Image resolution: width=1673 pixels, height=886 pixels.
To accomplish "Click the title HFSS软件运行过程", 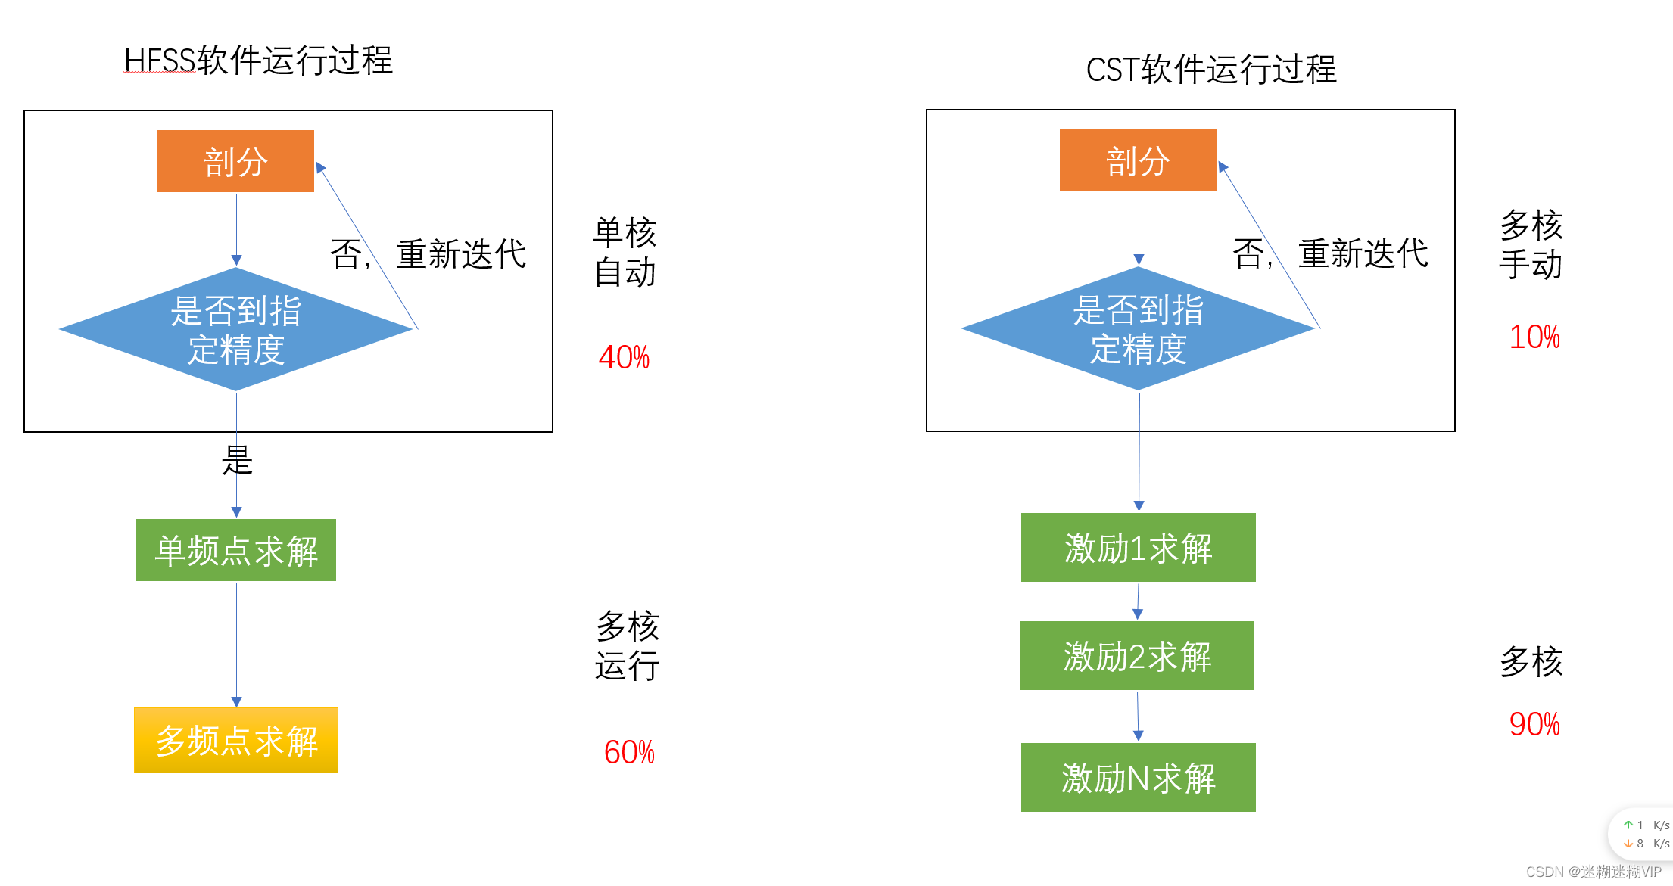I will click(258, 61).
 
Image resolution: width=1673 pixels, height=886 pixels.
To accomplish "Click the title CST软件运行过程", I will click(1211, 70).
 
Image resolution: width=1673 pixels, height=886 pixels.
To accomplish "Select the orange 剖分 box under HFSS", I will click(235, 161).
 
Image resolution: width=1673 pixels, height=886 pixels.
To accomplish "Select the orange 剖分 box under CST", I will click(1138, 160).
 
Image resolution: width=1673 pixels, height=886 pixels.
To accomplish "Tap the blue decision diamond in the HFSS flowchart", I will click(235, 330).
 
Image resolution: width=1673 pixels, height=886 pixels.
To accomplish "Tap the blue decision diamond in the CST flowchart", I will click(1138, 329).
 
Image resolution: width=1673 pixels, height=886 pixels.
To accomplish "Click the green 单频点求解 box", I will click(235, 550).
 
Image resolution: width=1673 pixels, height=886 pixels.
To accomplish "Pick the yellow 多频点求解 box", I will click(236, 740).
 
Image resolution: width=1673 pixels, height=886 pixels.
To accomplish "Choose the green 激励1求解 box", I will click(1138, 548).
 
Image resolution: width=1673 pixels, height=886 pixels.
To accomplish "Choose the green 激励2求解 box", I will click(1137, 656).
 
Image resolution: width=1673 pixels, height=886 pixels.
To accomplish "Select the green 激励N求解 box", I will click(1138, 778).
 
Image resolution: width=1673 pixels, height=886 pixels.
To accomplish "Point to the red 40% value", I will click(624, 357).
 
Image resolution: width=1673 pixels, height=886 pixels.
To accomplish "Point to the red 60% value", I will click(629, 752).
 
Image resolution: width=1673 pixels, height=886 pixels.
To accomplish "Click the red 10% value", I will click(1534, 337).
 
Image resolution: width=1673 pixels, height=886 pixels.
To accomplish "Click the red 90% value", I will click(1534, 724).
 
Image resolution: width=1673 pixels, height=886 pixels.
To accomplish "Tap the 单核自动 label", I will click(625, 252).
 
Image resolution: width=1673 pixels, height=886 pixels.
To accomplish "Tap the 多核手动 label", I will click(1531, 244).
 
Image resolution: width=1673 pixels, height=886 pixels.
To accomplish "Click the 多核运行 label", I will click(628, 646).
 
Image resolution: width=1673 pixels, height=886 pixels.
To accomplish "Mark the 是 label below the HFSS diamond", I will click(237, 460).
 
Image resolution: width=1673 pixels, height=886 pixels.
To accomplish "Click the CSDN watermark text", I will click(1593, 872).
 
